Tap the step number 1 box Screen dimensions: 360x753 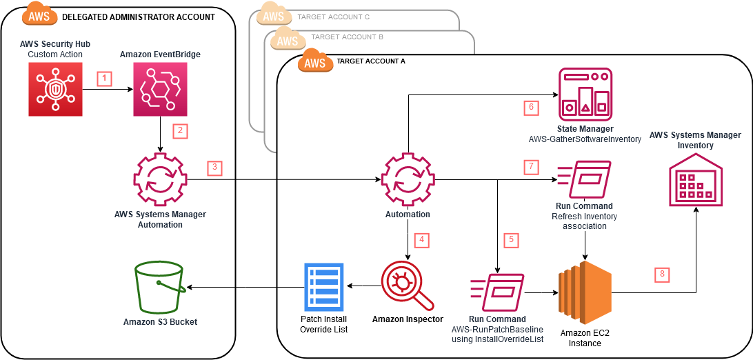(x=104, y=79)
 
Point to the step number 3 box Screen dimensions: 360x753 (x=215, y=167)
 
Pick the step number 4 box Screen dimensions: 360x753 (x=422, y=240)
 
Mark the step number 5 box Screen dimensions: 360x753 (x=511, y=240)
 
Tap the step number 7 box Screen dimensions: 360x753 (x=530, y=167)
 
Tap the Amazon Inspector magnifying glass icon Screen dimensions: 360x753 (x=407, y=287)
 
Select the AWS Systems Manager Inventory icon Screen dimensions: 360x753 (x=694, y=181)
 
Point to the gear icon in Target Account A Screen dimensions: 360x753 (x=407, y=181)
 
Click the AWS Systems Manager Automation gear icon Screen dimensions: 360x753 (x=160, y=181)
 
